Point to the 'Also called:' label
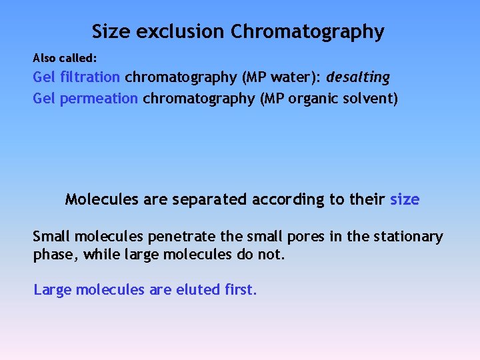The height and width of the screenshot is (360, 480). (x=65, y=58)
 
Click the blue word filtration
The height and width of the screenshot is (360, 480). (x=90, y=77)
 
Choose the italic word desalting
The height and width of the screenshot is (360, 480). (x=358, y=77)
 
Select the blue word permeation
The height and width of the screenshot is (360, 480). (x=99, y=99)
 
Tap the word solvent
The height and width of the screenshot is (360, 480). (x=370, y=99)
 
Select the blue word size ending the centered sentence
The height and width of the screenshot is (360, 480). (x=405, y=199)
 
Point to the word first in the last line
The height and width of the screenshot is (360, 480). (x=238, y=290)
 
